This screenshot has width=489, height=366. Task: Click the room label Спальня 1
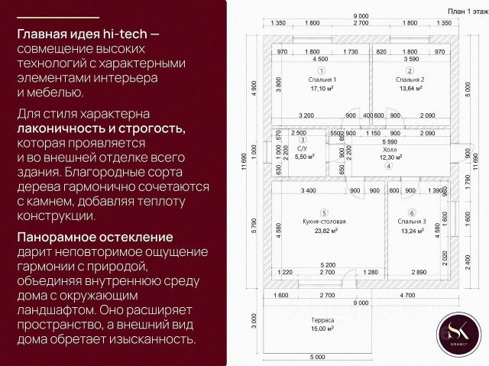coord(323,79)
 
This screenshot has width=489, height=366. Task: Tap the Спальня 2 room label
coord(410,79)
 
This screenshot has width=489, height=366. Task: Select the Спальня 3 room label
coord(412,222)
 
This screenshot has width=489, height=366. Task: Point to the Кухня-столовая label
coord(324,222)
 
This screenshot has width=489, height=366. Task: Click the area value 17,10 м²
coord(323,89)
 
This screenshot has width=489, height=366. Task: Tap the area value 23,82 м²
coord(324,231)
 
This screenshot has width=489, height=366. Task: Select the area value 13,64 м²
coord(410,89)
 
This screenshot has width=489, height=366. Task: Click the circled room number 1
coord(323,70)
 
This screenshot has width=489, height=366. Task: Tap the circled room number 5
coord(324,213)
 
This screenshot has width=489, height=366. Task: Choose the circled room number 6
coord(412,213)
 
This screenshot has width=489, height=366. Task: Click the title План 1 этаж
coord(466,10)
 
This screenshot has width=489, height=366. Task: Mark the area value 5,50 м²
coord(302,156)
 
